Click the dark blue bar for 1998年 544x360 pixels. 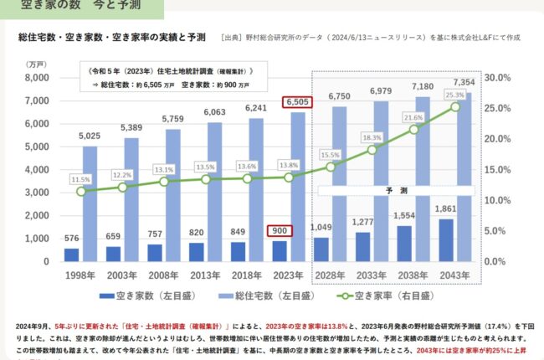coord(71,255)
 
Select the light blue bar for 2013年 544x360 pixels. coord(213,192)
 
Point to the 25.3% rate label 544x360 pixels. coord(455,95)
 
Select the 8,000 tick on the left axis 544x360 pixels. coord(38,78)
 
